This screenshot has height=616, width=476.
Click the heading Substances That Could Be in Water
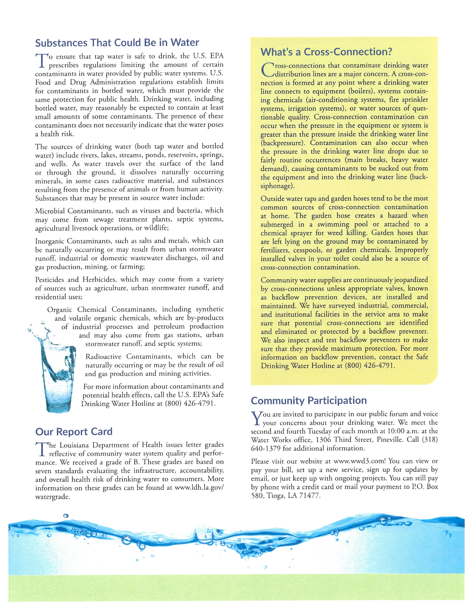click(x=117, y=43)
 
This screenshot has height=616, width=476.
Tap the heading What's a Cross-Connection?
click(x=326, y=52)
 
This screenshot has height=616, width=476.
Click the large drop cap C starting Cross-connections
click(x=267, y=70)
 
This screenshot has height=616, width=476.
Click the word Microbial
click(x=50, y=211)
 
